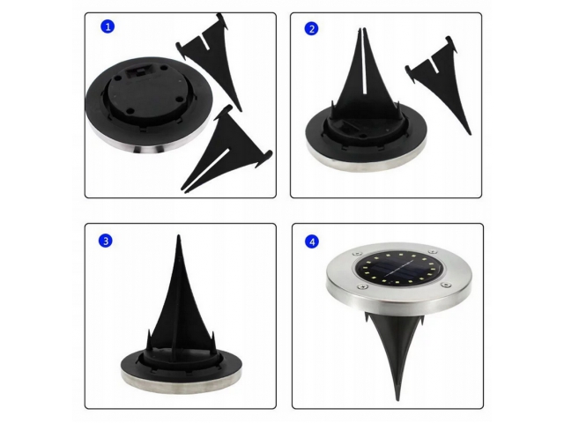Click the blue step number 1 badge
(x=108, y=26)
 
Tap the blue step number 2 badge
(x=311, y=29)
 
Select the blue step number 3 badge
(x=106, y=241)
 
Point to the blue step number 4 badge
(x=312, y=241)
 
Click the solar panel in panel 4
(x=399, y=269)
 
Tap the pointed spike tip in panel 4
(x=397, y=399)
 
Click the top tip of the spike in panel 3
(x=179, y=236)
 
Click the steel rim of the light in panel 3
(x=181, y=382)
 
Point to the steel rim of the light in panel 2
(x=367, y=160)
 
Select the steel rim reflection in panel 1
(x=147, y=147)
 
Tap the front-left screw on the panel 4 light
(x=361, y=286)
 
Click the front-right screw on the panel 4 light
(x=446, y=285)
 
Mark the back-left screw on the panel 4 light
(x=357, y=254)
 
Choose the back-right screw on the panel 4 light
(x=431, y=252)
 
